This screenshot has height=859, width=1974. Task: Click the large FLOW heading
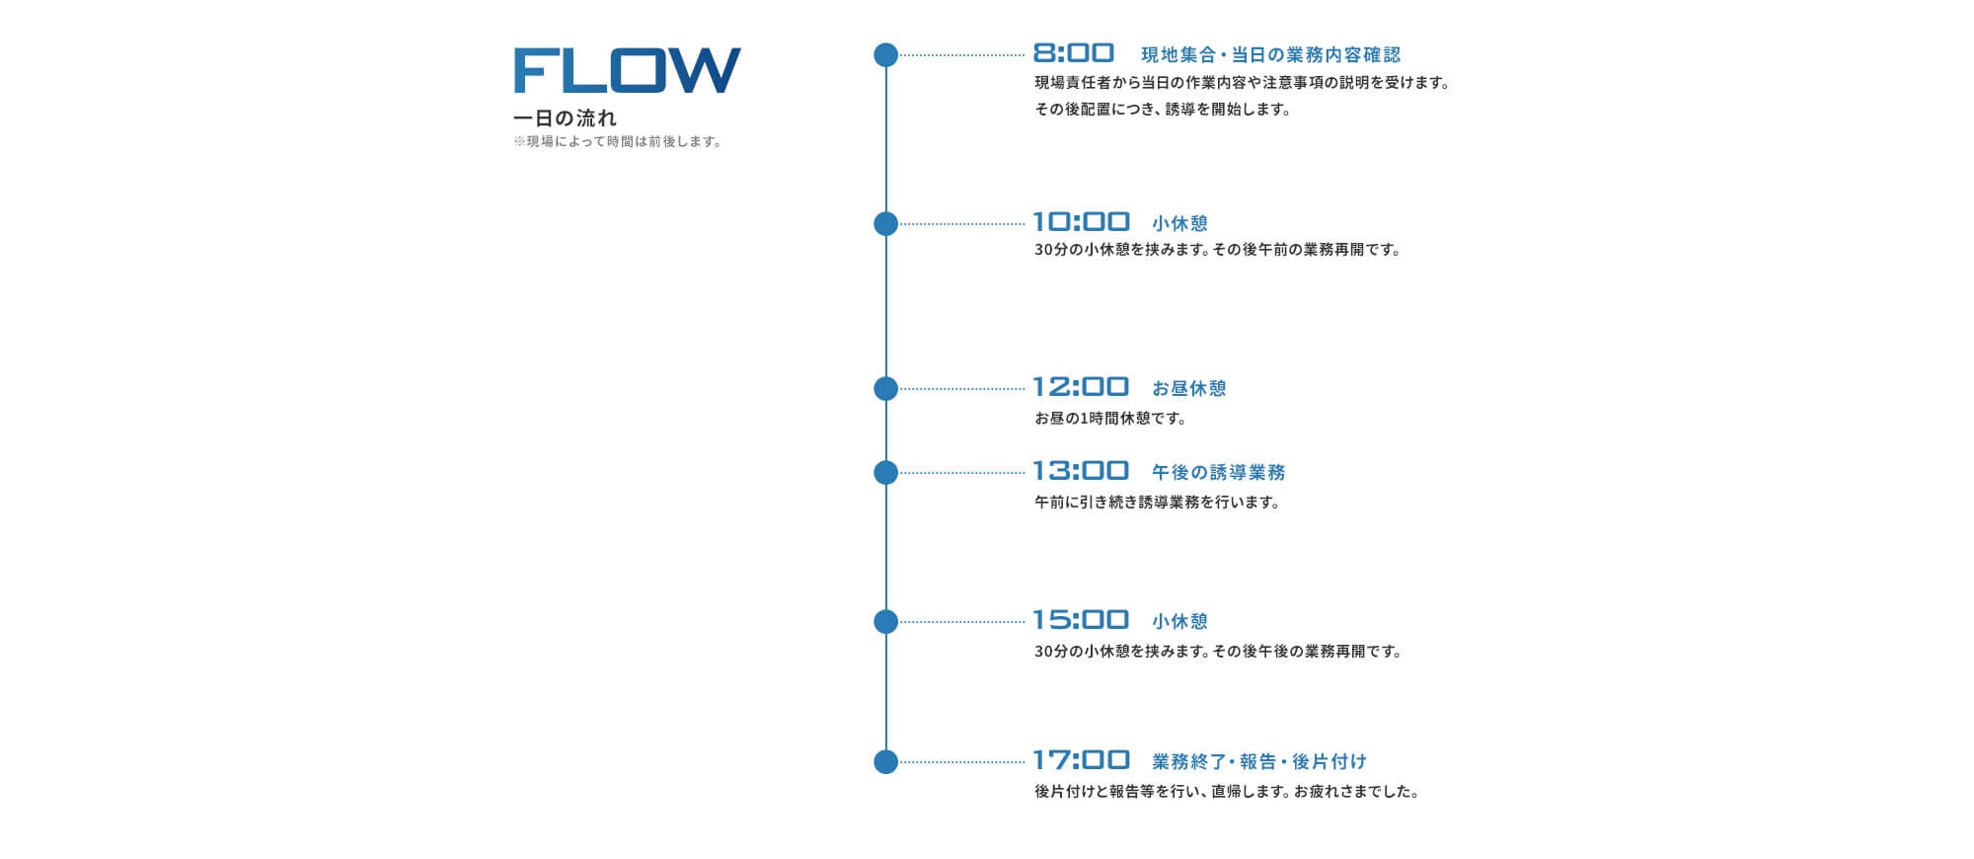pyautogui.click(x=627, y=70)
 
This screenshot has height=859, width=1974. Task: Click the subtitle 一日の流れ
pyautogui.click(x=565, y=118)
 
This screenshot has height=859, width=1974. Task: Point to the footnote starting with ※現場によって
pyautogui.click(x=618, y=142)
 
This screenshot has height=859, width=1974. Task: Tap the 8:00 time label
pyautogui.click(x=1074, y=53)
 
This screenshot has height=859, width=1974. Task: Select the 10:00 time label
pyautogui.click(x=1081, y=222)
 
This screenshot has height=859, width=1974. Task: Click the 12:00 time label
pyautogui.click(x=1081, y=387)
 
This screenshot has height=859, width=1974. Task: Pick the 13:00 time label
pyautogui.click(x=1081, y=471)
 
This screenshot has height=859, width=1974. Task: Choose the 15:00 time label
pyautogui.click(x=1081, y=620)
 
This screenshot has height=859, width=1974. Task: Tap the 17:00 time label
pyautogui.click(x=1081, y=760)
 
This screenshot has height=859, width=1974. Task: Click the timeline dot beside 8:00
pyautogui.click(x=886, y=55)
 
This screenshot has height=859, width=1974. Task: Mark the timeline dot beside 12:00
pyautogui.click(x=886, y=389)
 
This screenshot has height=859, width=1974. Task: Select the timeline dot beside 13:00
pyautogui.click(x=886, y=473)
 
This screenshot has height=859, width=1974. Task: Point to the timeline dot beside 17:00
pyautogui.click(x=886, y=762)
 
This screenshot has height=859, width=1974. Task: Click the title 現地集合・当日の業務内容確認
pyautogui.click(x=1271, y=55)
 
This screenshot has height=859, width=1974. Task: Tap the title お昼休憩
pyautogui.click(x=1189, y=389)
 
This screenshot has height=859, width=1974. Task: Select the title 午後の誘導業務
pyautogui.click(x=1219, y=473)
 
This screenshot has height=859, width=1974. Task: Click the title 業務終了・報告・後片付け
pyautogui.click(x=1259, y=762)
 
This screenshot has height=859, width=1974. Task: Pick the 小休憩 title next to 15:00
pyautogui.click(x=1180, y=622)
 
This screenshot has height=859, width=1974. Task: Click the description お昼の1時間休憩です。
pyautogui.click(x=1110, y=419)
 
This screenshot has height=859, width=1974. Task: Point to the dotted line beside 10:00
pyautogui.click(x=962, y=224)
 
